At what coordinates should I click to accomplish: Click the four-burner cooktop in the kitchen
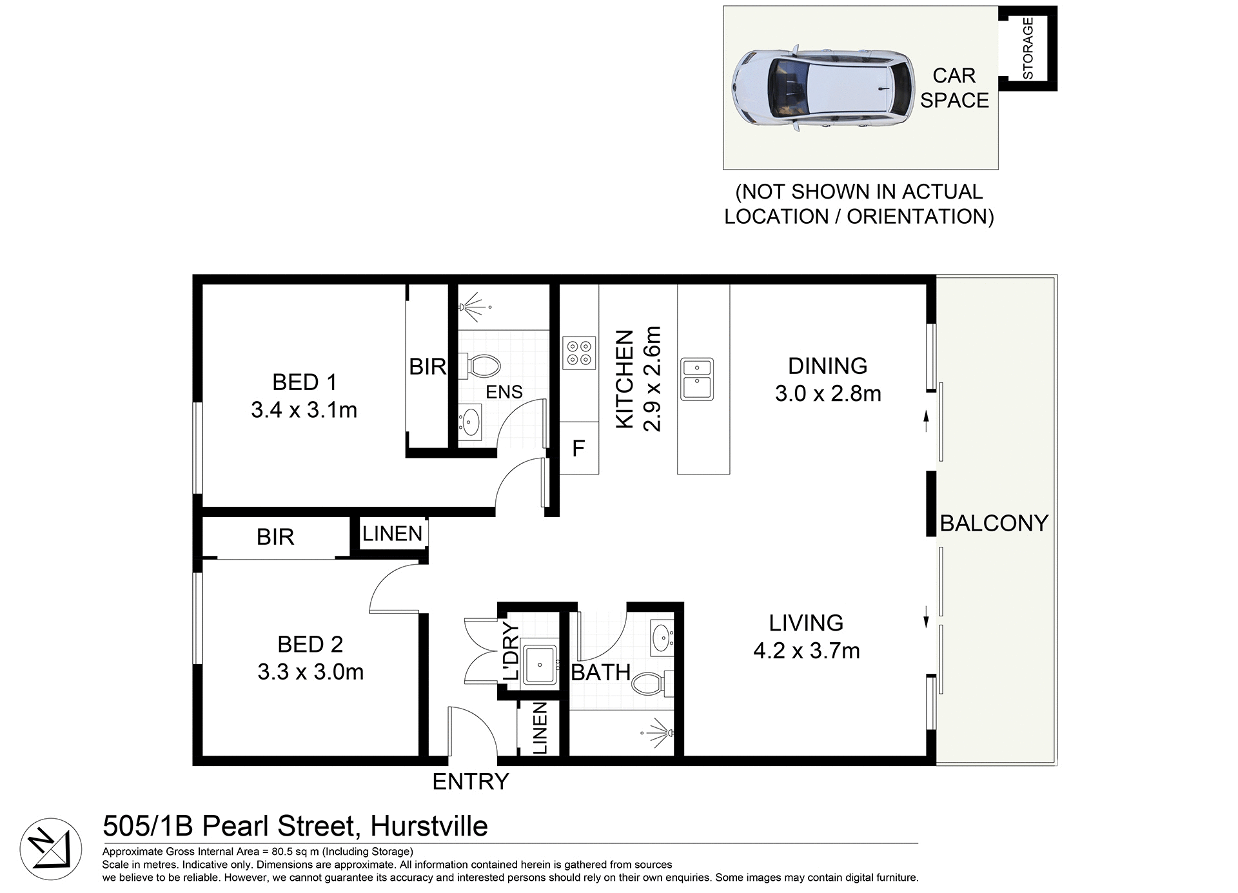(579, 353)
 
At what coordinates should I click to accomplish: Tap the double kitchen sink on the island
(697, 379)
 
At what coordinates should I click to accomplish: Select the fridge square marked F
(578, 448)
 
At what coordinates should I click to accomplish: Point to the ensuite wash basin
(470, 422)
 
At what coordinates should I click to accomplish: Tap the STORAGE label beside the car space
(1028, 48)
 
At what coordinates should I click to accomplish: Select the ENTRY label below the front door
(470, 781)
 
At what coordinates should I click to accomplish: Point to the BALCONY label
(994, 523)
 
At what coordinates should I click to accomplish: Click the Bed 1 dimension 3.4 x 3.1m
(304, 410)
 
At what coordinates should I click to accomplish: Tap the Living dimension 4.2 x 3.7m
(806, 651)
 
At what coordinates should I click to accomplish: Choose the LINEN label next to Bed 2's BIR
(392, 534)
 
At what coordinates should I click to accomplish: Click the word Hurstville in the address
(429, 826)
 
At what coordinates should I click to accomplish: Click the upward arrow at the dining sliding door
(927, 420)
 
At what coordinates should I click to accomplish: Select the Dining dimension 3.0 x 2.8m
(828, 393)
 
